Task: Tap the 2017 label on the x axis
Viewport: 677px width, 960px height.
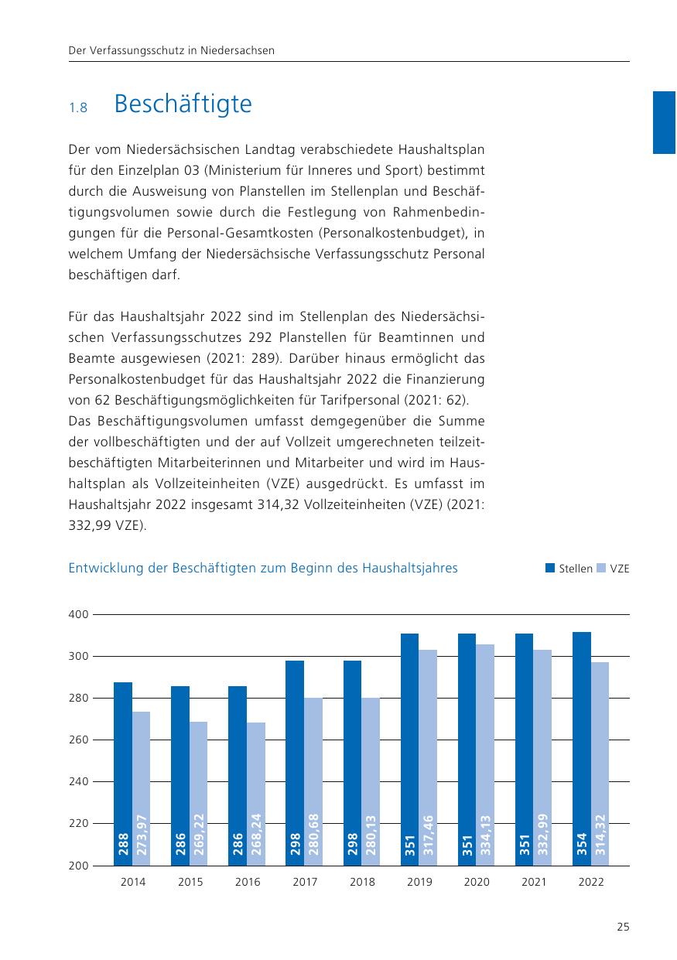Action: click(x=305, y=882)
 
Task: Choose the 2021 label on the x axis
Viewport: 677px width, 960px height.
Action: click(x=534, y=882)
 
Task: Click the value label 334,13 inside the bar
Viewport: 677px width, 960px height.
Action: click(x=486, y=835)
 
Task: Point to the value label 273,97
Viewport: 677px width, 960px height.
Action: click(x=142, y=835)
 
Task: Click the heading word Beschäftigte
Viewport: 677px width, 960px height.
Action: click(x=183, y=104)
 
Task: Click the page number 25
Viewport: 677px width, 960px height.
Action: click(x=623, y=928)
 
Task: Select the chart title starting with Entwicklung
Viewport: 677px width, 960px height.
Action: click(x=263, y=569)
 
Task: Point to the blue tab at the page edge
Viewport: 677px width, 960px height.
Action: click(x=665, y=122)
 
